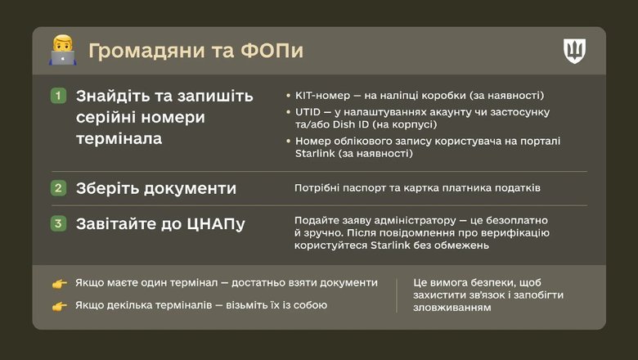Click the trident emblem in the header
point(575,51)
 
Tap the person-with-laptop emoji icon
point(62,51)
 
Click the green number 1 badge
point(58,96)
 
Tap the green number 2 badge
point(58,188)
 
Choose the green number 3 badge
point(58,223)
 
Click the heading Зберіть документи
point(156,188)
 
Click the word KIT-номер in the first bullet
point(323,95)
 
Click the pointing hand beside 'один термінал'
point(60,283)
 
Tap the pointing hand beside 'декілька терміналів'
point(60,306)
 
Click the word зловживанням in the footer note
point(452,308)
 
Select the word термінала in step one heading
point(119,138)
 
